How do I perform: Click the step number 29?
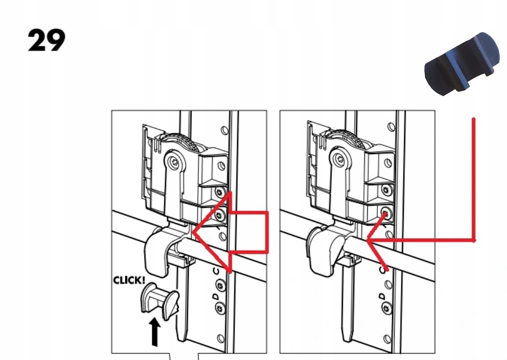pos(46,41)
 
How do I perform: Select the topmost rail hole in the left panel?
pos(224,130)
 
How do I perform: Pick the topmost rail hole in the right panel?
pos(391,127)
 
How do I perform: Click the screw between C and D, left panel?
pos(220,286)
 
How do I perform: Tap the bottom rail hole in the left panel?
pos(221,339)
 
